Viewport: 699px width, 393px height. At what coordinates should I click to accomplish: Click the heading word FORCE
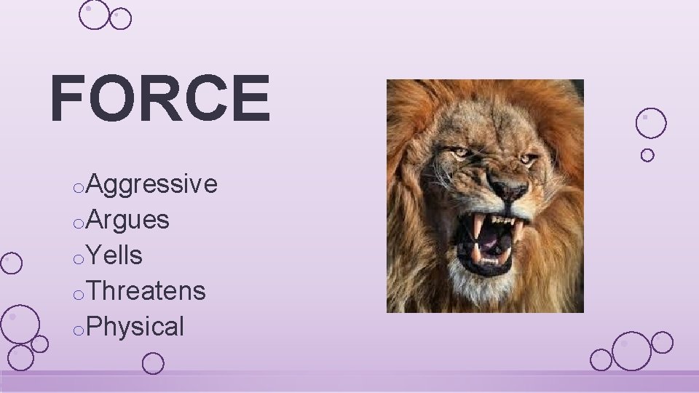160,99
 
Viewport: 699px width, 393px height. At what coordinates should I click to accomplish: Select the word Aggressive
151,184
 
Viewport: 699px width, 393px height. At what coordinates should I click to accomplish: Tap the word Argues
127,219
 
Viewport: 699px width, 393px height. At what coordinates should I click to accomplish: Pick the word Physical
135,326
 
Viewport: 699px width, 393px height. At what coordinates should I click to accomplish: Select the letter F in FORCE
68,99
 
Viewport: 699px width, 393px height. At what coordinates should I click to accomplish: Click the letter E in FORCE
251,99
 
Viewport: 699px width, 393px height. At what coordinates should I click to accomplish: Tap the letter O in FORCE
111,99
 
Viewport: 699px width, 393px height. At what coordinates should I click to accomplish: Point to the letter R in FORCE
159,99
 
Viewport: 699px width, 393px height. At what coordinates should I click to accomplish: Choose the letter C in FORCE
206,99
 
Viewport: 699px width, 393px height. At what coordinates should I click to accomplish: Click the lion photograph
485,196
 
